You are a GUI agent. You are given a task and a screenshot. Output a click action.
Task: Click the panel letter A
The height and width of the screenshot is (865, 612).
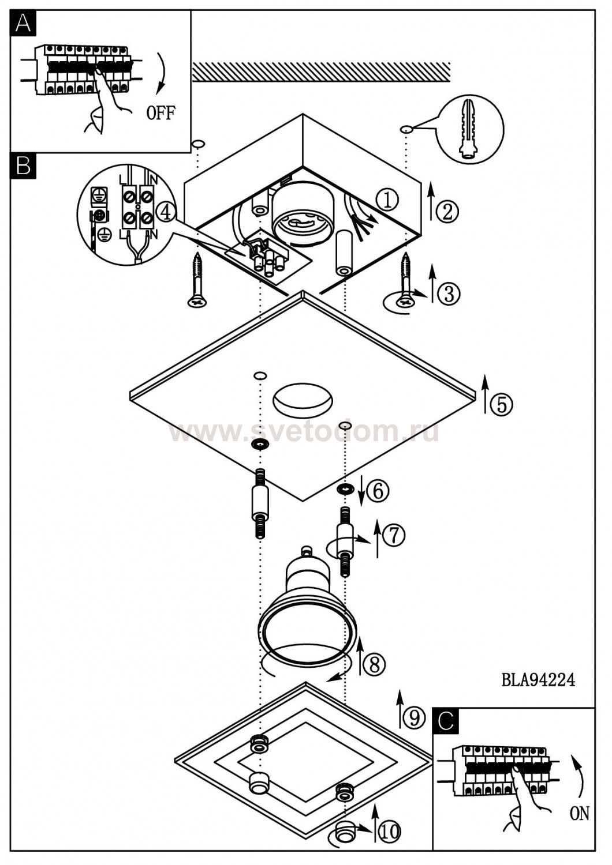[23, 23]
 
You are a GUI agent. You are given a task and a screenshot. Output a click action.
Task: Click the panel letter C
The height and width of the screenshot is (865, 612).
[446, 720]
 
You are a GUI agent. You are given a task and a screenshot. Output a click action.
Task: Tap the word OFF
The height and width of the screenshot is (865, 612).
[160, 112]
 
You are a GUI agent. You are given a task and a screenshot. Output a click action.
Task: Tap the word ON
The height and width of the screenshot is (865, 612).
[579, 814]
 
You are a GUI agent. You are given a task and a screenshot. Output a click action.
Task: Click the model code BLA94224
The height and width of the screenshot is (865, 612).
[538, 680]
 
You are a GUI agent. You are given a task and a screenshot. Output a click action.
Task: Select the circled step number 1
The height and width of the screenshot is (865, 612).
[387, 200]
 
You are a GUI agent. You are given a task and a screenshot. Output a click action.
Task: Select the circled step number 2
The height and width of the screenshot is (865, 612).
[447, 212]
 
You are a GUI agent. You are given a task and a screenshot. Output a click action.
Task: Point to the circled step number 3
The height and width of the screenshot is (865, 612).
[449, 294]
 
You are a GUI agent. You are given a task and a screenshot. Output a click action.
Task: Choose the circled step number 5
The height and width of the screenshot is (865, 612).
[501, 404]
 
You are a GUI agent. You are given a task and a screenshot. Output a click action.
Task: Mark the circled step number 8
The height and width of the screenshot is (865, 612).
[374, 664]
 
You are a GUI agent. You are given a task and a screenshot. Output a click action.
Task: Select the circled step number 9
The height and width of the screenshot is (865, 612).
[414, 717]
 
